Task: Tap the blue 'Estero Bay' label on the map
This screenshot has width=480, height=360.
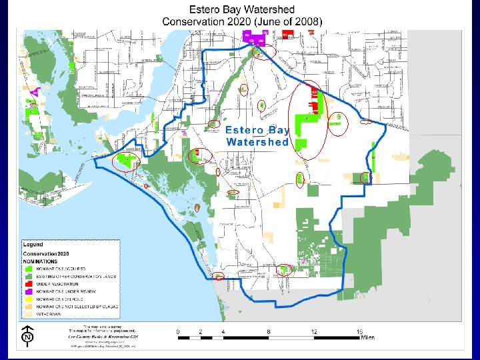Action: pyautogui.click(x=257, y=131)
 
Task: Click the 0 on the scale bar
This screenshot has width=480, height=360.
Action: pyautogui.click(x=178, y=331)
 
